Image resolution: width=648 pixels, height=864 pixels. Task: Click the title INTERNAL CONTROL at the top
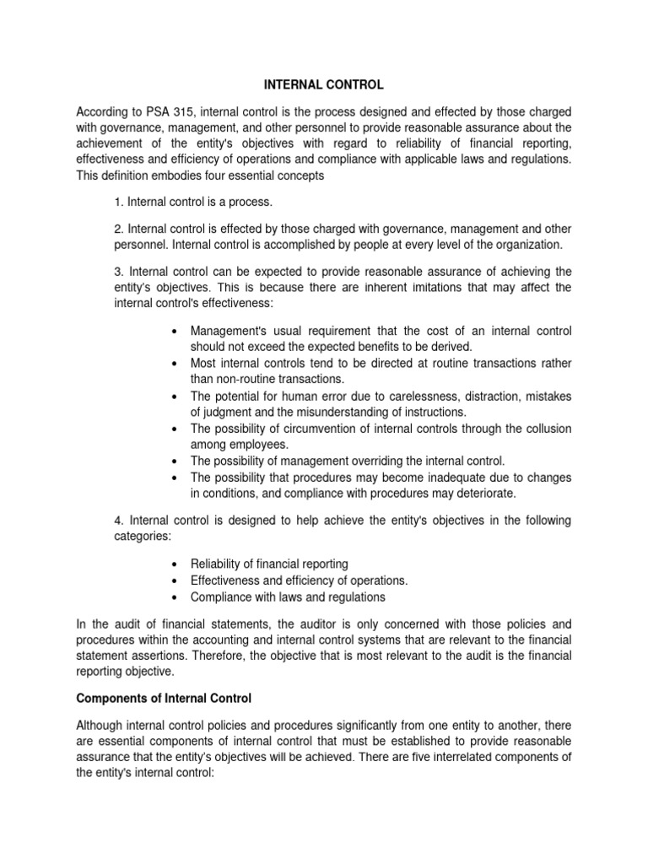click(324, 85)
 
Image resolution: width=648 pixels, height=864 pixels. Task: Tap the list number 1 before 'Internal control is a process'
click(117, 202)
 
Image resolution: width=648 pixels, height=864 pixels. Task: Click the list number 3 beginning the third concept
click(117, 271)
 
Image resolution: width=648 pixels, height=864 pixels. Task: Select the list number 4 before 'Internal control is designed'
click(117, 521)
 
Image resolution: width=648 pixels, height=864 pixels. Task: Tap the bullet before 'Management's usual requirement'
click(172, 331)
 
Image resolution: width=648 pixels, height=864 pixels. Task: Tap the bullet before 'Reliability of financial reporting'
click(172, 564)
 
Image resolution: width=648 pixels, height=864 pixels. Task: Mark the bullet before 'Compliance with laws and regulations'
click(172, 597)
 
